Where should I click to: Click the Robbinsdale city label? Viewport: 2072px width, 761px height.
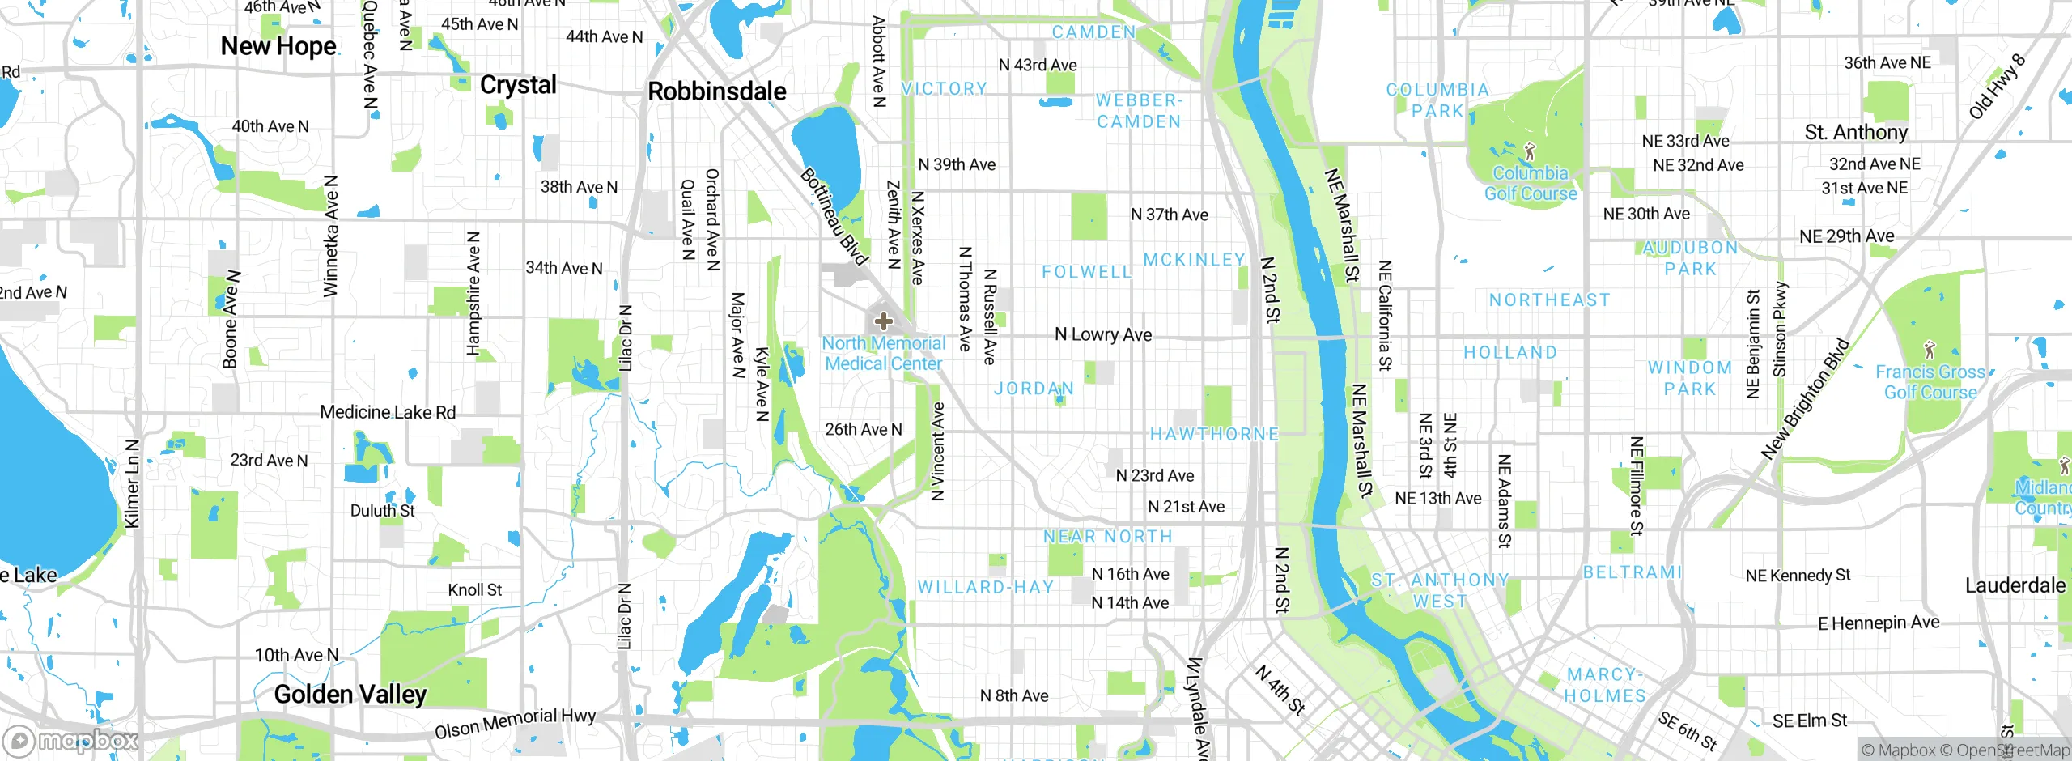tap(716, 91)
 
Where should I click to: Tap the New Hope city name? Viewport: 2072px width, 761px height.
tap(278, 46)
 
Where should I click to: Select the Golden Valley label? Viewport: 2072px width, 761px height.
tap(350, 694)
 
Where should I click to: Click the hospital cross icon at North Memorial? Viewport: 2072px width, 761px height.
tap(883, 321)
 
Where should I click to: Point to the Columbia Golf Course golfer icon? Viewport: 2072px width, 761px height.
tap(1529, 151)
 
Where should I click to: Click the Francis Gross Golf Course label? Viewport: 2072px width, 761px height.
tap(1930, 382)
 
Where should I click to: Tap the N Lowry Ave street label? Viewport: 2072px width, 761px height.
tap(1102, 334)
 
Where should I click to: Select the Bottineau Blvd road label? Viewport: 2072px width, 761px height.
tap(834, 215)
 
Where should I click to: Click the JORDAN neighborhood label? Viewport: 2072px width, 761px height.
tap(1034, 389)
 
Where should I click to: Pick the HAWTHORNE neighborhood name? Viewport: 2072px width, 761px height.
tap(1214, 435)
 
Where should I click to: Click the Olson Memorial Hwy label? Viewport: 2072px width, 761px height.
tap(515, 723)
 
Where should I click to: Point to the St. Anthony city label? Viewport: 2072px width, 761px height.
tap(1856, 132)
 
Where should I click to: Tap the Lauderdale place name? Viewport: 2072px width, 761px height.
tap(2015, 585)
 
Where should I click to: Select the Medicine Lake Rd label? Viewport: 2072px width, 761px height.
tap(388, 412)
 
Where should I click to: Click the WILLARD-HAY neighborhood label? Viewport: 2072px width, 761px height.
tap(985, 587)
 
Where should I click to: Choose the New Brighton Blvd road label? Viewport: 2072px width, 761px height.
tap(1806, 399)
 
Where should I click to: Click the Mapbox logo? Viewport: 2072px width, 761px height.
tap(71, 740)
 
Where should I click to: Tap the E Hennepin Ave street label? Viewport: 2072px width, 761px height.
tap(1879, 623)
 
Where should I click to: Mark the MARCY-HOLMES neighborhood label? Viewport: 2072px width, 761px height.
tap(1604, 685)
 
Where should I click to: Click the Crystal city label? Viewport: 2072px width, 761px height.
tap(518, 85)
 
